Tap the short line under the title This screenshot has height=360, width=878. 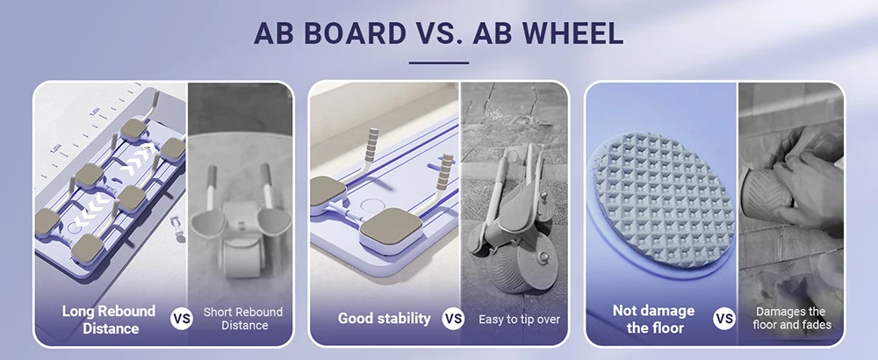tap(438, 62)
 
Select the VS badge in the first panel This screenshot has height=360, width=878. tap(182, 319)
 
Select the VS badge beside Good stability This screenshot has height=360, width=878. tap(453, 319)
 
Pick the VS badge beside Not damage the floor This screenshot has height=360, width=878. tap(724, 319)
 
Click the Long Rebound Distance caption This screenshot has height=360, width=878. tap(108, 319)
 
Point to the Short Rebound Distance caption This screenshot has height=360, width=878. tap(243, 319)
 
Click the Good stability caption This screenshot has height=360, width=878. tap(385, 319)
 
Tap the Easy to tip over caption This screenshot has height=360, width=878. tap(519, 320)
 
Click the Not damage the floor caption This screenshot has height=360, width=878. tap(653, 319)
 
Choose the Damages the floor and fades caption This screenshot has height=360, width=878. tap(792, 318)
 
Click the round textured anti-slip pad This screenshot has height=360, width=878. tap(664, 199)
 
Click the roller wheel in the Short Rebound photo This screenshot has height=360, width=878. tap(242, 256)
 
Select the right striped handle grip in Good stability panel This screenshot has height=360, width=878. tap(445, 172)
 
